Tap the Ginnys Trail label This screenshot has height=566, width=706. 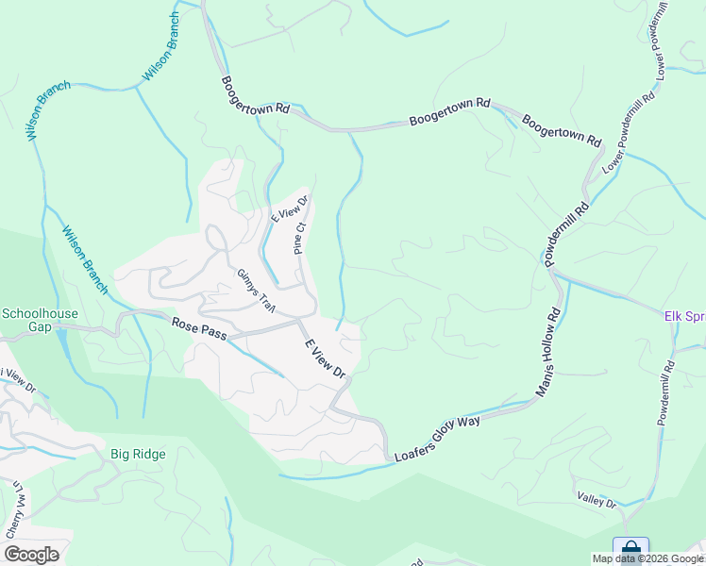pyautogui.click(x=253, y=286)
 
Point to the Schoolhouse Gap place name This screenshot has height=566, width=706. pyautogui.click(x=39, y=320)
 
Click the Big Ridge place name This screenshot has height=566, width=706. pyautogui.click(x=138, y=455)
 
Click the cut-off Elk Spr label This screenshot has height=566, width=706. pyautogui.click(x=684, y=317)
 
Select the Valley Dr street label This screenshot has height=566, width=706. pyautogui.click(x=597, y=500)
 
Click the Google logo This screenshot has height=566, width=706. pyautogui.click(x=31, y=555)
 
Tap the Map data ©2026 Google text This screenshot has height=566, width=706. pyautogui.click(x=647, y=558)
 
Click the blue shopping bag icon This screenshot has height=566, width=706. pyautogui.click(x=630, y=548)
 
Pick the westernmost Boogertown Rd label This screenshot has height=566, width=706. pyautogui.click(x=255, y=95)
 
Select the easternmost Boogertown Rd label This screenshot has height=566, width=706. pyautogui.click(x=561, y=129)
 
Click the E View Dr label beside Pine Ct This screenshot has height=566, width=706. pyautogui.click(x=289, y=207)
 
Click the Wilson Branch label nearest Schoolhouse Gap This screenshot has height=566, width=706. pyautogui.click(x=85, y=259)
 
